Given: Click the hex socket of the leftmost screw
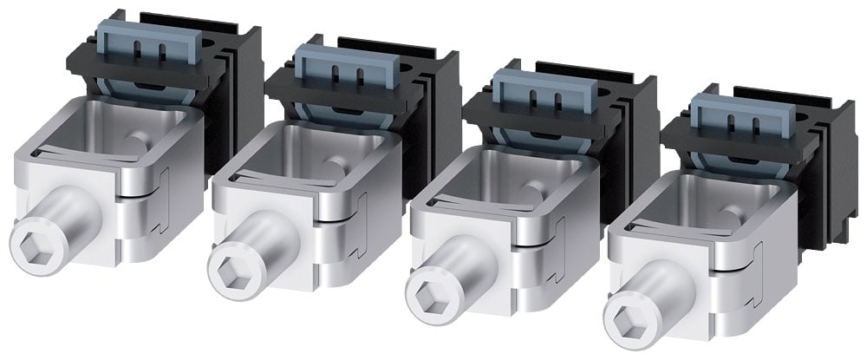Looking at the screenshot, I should click(30, 239).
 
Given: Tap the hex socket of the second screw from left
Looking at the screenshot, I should click(228, 265).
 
